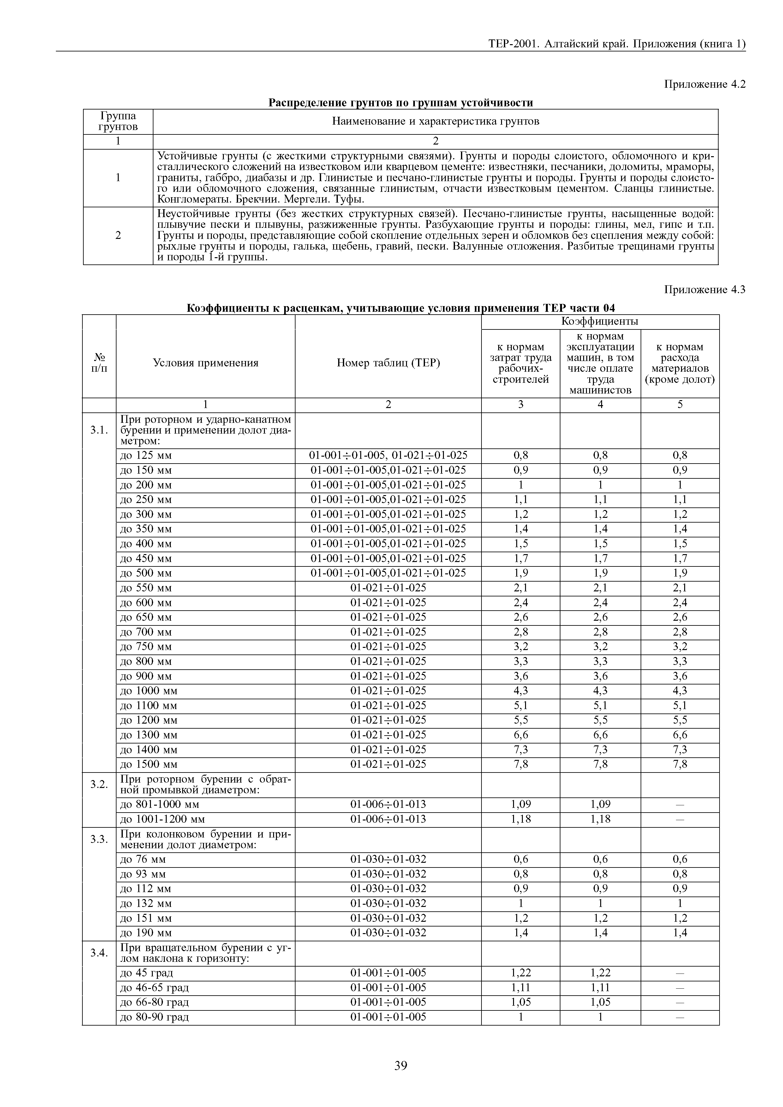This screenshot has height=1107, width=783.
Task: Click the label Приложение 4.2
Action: (x=704, y=84)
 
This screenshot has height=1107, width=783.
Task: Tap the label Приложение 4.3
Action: (x=704, y=290)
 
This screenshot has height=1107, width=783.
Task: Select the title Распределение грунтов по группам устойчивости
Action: (x=400, y=103)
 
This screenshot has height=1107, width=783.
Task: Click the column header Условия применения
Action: (x=206, y=363)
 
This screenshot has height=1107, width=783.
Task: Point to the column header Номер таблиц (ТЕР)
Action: (x=388, y=363)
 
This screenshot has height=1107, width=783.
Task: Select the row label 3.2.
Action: (x=99, y=784)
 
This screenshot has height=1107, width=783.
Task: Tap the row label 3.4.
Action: (x=99, y=953)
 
